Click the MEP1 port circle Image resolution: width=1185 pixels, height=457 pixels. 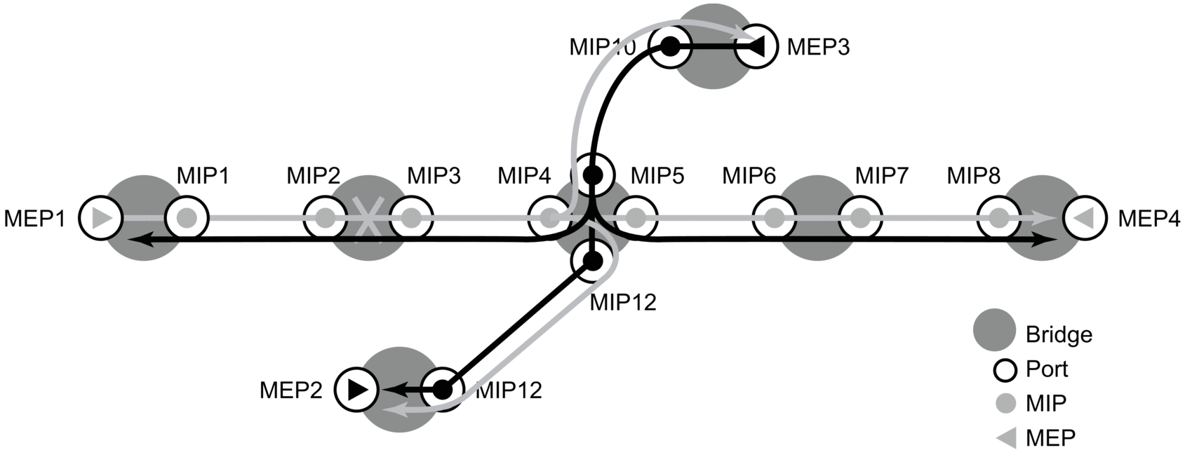pos(100,218)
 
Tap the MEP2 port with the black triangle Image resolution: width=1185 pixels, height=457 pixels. pos(356,389)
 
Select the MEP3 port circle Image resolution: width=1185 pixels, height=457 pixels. pos(756,46)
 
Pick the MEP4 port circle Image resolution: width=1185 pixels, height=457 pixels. pos(1085,218)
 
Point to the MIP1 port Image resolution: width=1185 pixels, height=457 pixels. pos(187,218)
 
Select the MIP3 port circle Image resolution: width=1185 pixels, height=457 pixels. pos(412,218)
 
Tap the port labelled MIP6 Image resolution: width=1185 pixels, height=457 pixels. pos(774,218)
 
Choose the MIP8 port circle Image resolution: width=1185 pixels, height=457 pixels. pos(998,218)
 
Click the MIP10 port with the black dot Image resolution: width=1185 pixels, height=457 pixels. pos(670,47)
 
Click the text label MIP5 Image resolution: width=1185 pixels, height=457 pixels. pos(657,175)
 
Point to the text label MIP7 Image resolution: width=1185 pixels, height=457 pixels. pos(882,175)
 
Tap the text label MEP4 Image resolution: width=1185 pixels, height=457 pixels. pos(1149,219)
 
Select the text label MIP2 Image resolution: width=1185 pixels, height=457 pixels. pos(313,175)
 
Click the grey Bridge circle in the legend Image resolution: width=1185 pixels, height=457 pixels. pos(994,330)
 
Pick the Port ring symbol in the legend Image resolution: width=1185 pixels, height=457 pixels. pos(1006,369)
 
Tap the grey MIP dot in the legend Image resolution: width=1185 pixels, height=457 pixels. pos(1006,404)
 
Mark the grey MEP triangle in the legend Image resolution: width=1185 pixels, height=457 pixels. pos(1006,438)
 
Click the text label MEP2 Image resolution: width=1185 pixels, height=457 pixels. pos(290,390)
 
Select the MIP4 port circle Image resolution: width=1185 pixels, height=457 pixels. pos(548,218)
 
